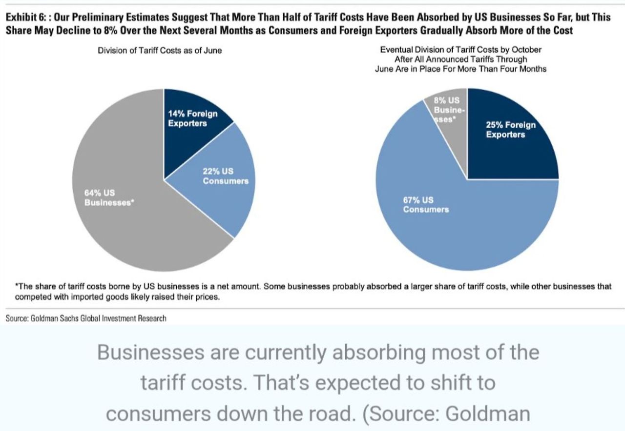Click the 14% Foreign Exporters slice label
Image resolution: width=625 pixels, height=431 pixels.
192,118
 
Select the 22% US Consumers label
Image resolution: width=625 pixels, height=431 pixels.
225,176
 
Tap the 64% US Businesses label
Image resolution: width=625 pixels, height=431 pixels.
108,198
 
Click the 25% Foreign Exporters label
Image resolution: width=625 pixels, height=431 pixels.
510,130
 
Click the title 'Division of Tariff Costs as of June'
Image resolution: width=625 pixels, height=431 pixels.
160,51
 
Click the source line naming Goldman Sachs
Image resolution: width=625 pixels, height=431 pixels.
86,318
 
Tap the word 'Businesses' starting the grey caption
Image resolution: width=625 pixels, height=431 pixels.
152,353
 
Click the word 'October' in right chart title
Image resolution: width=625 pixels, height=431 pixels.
527,50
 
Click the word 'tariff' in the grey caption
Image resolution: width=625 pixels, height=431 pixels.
166,383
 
